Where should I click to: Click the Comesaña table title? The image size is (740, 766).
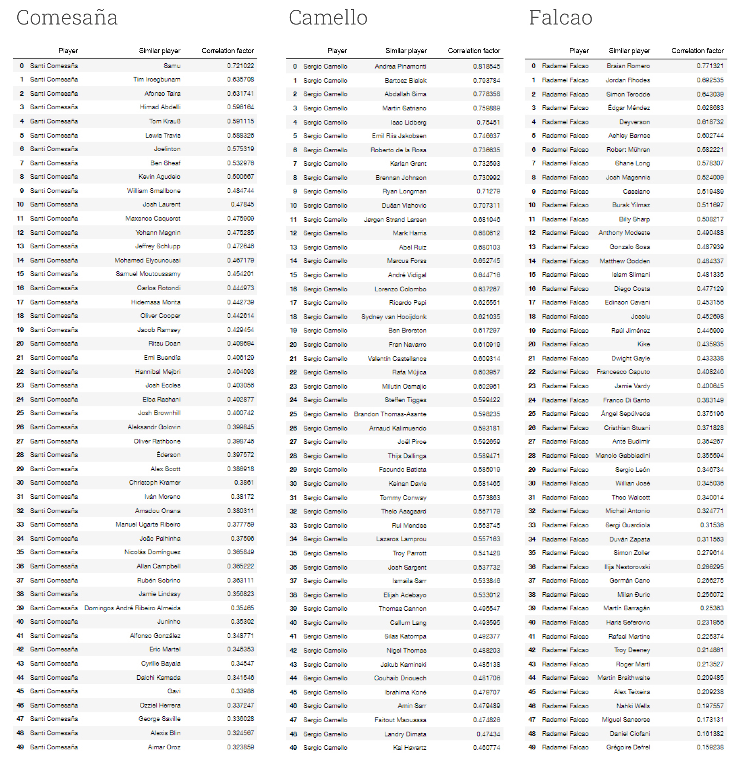click(x=67, y=18)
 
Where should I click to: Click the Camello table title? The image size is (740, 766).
click(x=328, y=18)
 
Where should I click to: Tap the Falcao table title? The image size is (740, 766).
click(x=560, y=18)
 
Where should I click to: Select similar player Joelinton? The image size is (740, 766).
click(x=167, y=149)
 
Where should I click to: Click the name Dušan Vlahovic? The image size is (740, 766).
click(x=404, y=205)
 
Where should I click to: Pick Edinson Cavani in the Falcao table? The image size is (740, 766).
click(x=627, y=302)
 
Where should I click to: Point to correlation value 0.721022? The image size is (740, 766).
click(x=240, y=66)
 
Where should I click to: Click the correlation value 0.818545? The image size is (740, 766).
click(x=486, y=66)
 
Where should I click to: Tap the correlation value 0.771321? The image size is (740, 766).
click(x=710, y=66)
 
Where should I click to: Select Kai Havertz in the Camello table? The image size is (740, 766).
click(x=410, y=748)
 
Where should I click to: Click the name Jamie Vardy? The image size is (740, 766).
click(x=632, y=386)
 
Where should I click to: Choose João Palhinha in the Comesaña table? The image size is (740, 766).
click(x=160, y=538)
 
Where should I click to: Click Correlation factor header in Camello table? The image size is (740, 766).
click(x=474, y=51)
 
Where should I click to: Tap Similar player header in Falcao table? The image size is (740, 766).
click(x=630, y=51)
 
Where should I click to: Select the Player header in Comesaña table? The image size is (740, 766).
click(x=68, y=51)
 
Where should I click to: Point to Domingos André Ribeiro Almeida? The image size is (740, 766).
click(x=133, y=608)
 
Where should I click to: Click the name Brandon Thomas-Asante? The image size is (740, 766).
click(x=390, y=414)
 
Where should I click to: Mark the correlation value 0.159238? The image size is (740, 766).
click(x=710, y=747)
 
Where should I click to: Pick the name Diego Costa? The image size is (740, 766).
click(x=632, y=288)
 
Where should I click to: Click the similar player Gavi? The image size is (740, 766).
click(x=174, y=691)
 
